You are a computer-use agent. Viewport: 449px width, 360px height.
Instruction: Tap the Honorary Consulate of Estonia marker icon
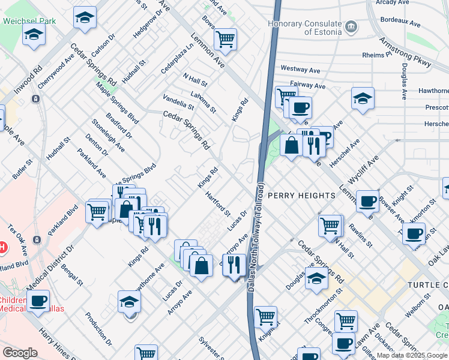(x=351, y=27)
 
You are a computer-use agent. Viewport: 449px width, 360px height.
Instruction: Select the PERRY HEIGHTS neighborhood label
(x=301, y=196)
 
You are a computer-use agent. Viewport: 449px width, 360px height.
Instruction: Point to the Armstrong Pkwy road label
(x=405, y=52)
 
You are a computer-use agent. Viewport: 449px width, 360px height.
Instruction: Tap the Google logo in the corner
(x=20, y=353)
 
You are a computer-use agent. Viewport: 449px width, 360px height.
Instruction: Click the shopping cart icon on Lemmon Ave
(x=225, y=39)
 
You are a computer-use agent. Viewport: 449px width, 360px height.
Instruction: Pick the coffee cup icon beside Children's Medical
(x=38, y=301)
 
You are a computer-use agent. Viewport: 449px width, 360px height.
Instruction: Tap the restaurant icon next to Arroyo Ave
(x=234, y=263)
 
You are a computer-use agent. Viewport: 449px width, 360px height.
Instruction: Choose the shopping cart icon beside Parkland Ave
(x=97, y=211)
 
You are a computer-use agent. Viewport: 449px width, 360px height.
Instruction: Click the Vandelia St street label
(x=178, y=102)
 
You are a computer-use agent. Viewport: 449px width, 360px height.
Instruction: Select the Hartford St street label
(x=217, y=204)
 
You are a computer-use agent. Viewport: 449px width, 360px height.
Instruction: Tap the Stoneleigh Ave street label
(x=109, y=136)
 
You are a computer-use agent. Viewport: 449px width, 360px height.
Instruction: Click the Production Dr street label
(x=98, y=329)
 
